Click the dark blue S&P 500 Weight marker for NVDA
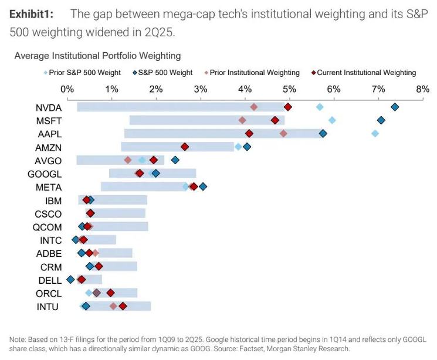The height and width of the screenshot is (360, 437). coord(395,107)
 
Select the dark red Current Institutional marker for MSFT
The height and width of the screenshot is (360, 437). coord(275,120)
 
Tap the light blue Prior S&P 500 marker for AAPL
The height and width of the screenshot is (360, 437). coord(375,134)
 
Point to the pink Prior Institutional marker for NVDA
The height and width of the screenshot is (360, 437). coord(254,107)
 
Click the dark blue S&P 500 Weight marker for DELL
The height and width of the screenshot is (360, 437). coord(71,280)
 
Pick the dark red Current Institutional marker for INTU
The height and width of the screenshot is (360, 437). coord(123,306)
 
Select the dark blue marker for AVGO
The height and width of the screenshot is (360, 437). coord(175,159)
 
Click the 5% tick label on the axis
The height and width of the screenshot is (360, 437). coord(289,89)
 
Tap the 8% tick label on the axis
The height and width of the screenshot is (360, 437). coord(422,89)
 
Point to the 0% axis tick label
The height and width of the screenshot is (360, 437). coord(67,89)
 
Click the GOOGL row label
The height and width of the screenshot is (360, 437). coord(45,174)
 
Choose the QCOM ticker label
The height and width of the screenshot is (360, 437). coord(48,226)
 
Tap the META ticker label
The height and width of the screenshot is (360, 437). coord(49,187)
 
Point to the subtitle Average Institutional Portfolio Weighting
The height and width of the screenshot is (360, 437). coord(97,56)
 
